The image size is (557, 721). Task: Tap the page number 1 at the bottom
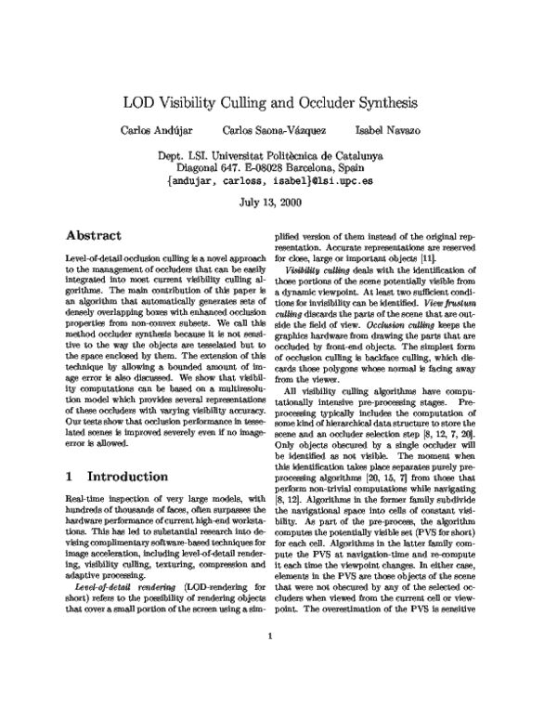coord(268,688)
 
